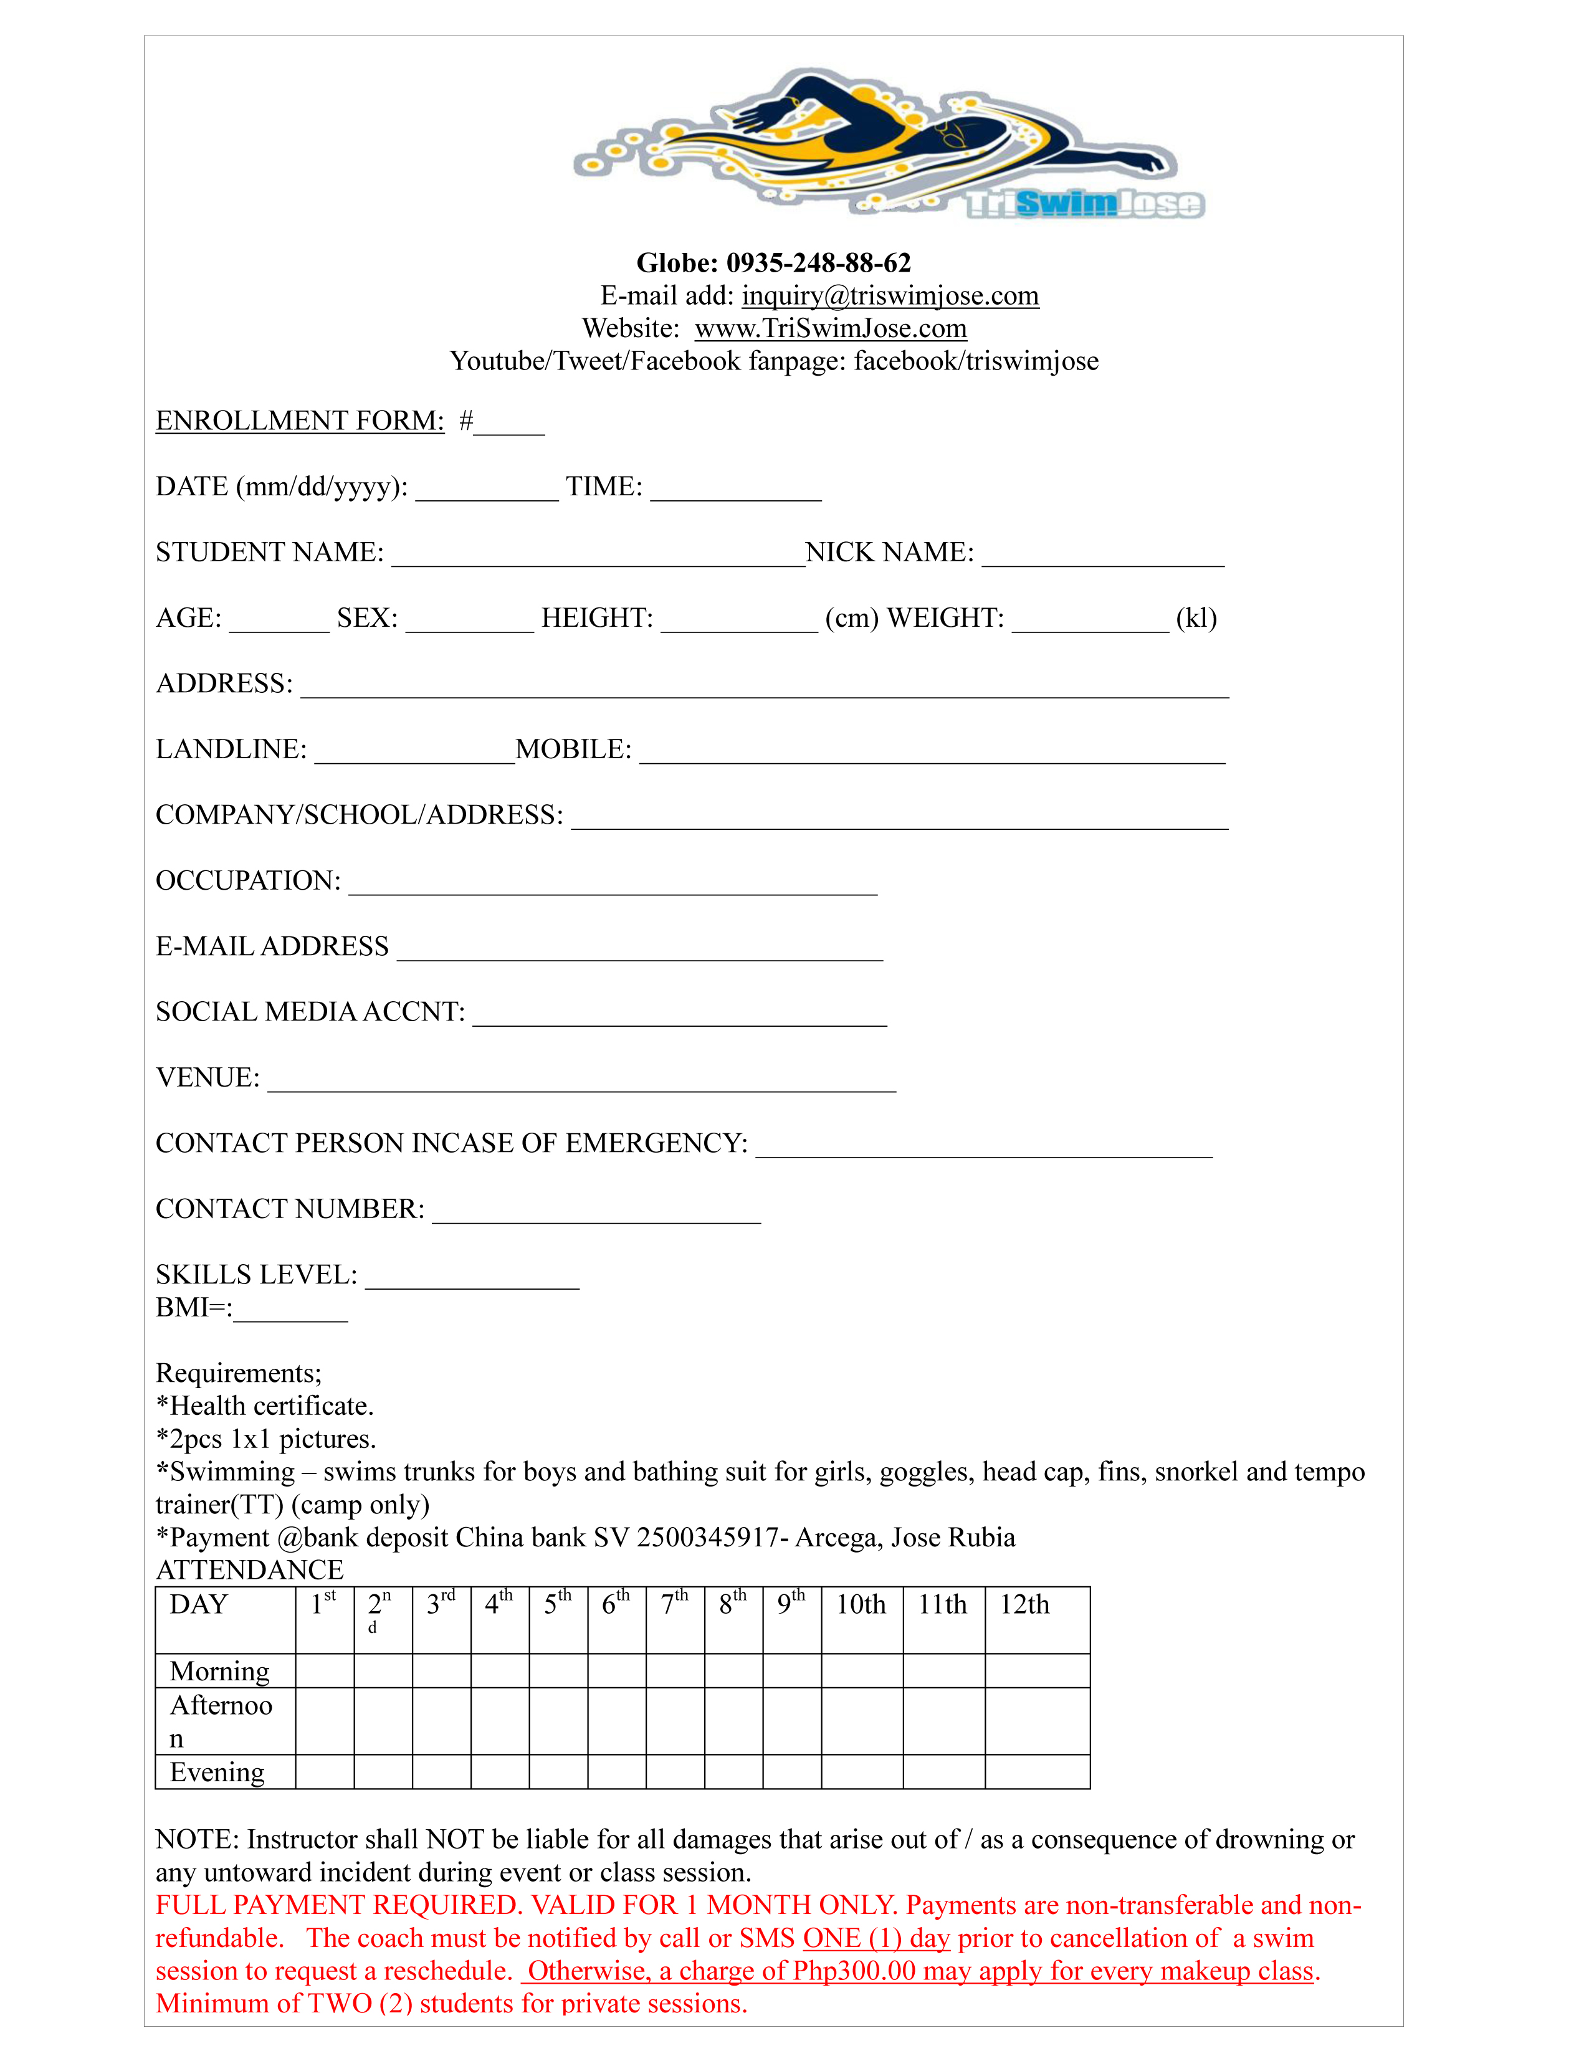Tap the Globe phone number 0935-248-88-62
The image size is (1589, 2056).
coord(818,263)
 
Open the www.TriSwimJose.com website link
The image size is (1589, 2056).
coord(830,328)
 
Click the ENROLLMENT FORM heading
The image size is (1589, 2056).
coord(299,421)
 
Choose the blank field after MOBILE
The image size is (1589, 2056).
coord(932,753)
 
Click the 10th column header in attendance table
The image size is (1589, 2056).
coord(861,1605)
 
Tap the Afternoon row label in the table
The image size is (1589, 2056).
coord(222,1721)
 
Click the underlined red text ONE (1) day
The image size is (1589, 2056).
coord(876,1938)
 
